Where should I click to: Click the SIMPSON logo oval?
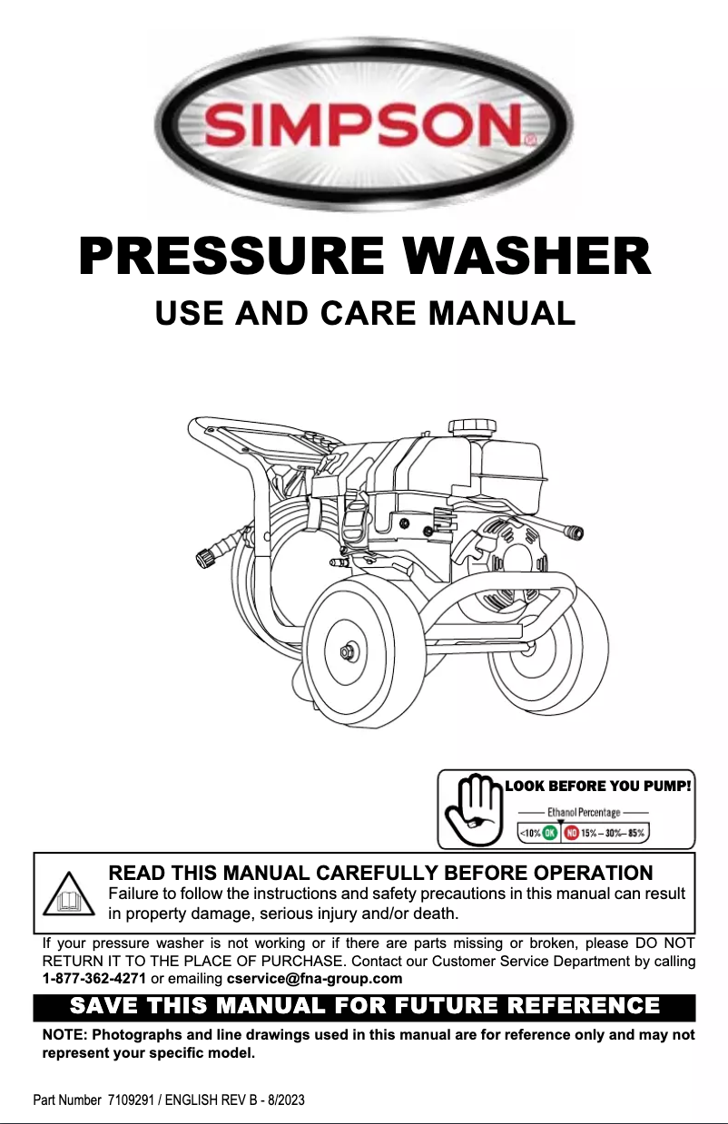363,122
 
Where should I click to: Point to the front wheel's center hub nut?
348,652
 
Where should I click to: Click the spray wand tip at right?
573,532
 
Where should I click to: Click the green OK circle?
550,832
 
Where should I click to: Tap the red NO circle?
572,832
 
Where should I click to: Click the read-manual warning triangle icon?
70,894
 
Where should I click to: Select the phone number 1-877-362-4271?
94,978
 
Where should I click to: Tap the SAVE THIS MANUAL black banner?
364,1007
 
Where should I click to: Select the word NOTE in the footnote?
63,1035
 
